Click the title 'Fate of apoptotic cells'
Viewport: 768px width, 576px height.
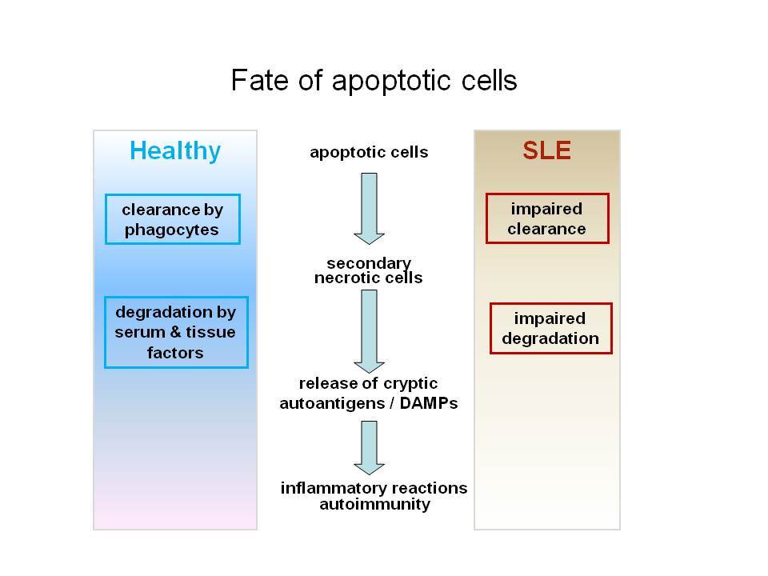point(374,81)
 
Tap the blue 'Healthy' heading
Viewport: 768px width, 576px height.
point(175,151)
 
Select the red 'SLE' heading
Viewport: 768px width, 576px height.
point(546,150)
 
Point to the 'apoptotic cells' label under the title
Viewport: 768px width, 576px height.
point(369,152)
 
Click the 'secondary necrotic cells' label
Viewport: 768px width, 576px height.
point(368,270)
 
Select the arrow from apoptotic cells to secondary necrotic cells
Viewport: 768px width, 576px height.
point(369,208)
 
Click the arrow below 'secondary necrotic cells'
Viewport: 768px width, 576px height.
point(369,331)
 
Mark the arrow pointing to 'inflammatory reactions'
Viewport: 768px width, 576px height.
point(369,448)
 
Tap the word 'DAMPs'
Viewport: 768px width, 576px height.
point(429,403)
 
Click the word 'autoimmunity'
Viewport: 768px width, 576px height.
point(374,504)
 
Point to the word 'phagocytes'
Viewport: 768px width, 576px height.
point(171,230)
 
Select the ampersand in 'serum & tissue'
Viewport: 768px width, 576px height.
point(175,332)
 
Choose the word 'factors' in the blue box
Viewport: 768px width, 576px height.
point(175,353)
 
